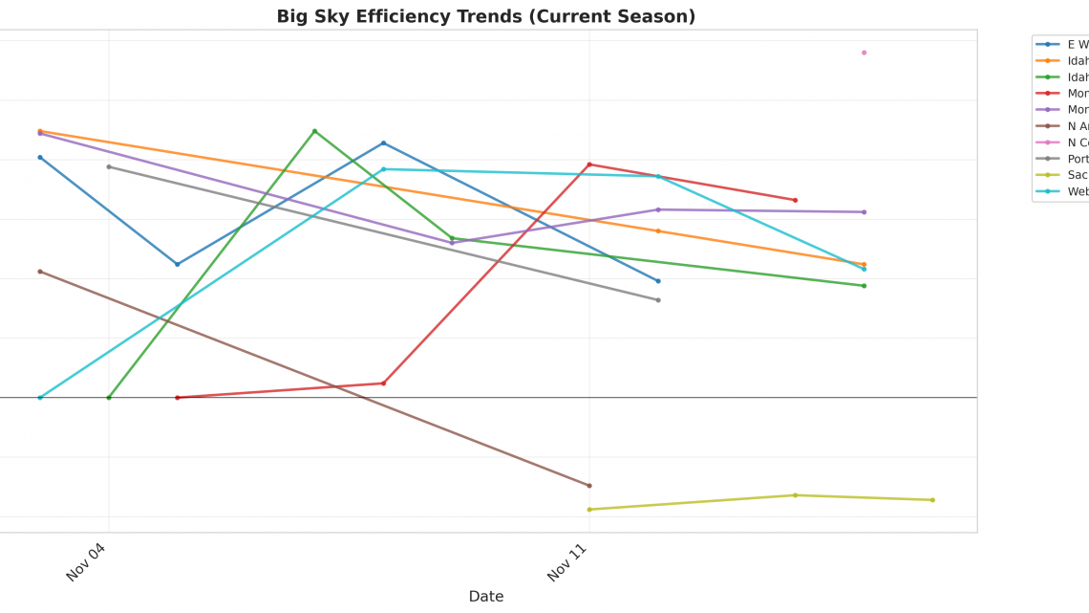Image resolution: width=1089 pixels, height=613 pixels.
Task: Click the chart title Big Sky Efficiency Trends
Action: click(x=485, y=16)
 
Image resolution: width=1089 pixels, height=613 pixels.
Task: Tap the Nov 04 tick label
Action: click(x=86, y=561)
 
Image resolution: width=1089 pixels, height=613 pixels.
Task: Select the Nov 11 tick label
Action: click(x=566, y=561)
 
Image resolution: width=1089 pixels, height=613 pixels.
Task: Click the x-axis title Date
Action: click(x=485, y=596)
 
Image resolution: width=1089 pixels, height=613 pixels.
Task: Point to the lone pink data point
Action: click(x=864, y=53)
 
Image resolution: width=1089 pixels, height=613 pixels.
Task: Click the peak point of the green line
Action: click(x=314, y=131)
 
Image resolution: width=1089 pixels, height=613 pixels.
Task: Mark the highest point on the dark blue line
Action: click(x=383, y=143)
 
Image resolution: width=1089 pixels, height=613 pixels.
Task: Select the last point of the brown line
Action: click(x=588, y=486)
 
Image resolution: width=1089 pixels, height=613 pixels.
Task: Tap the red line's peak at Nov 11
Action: click(x=588, y=164)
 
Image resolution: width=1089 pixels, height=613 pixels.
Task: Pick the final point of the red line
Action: click(x=795, y=200)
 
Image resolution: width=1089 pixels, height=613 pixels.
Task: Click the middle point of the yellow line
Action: click(x=795, y=495)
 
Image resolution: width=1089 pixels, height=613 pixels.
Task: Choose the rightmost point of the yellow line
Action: click(x=932, y=500)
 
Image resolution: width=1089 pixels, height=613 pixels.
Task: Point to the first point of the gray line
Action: click(x=108, y=166)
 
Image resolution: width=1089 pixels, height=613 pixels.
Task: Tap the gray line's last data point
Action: click(x=657, y=300)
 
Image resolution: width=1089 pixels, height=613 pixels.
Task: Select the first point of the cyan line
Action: click(x=39, y=398)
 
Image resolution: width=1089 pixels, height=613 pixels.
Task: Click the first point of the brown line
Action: click(x=39, y=272)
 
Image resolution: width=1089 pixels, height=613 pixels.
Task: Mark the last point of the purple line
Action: click(x=864, y=212)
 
